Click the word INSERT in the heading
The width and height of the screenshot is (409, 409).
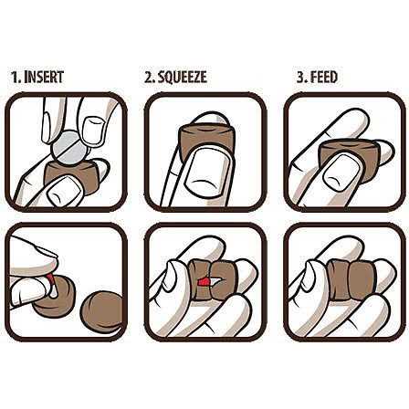44,77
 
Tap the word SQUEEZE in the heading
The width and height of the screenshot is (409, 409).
184,77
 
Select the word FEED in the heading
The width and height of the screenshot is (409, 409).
324,77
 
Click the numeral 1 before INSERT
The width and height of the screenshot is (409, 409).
16,78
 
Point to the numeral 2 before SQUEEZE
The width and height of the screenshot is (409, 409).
150,78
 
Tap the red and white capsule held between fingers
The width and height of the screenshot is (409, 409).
52,284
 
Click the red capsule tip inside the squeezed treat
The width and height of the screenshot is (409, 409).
203,282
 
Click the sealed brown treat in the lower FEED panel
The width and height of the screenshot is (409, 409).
351,280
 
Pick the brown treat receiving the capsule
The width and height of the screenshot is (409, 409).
55,297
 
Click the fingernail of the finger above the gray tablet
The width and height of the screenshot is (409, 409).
93,130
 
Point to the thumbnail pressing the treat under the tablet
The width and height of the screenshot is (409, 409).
65,191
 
